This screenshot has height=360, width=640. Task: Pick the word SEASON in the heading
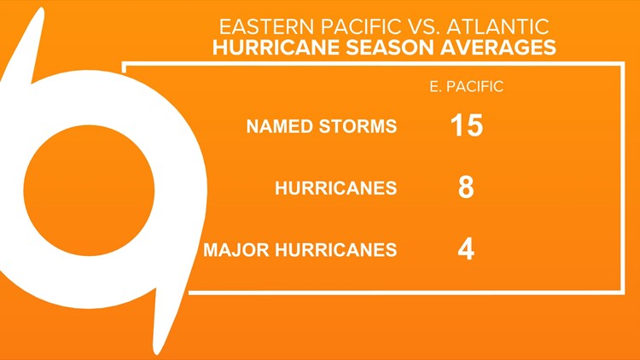click(x=375, y=47)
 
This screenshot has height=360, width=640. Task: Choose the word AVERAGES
click(x=490, y=47)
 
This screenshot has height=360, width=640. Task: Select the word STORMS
click(x=358, y=127)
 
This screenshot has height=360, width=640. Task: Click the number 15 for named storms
click(x=466, y=125)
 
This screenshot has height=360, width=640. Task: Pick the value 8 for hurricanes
click(x=466, y=188)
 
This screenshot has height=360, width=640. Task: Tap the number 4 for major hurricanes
click(x=466, y=249)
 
